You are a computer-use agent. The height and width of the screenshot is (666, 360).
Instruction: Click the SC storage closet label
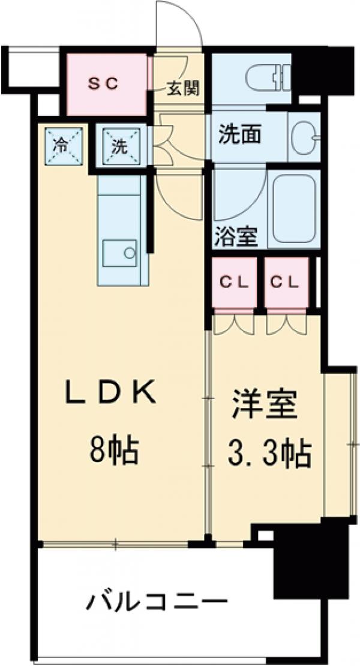pos(106,84)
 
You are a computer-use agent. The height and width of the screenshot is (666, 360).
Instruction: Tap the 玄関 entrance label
pos(181,89)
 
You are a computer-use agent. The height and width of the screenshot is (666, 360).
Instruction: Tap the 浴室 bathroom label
pos(236,236)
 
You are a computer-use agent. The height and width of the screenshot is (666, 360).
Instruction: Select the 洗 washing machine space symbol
pos(121,145)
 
